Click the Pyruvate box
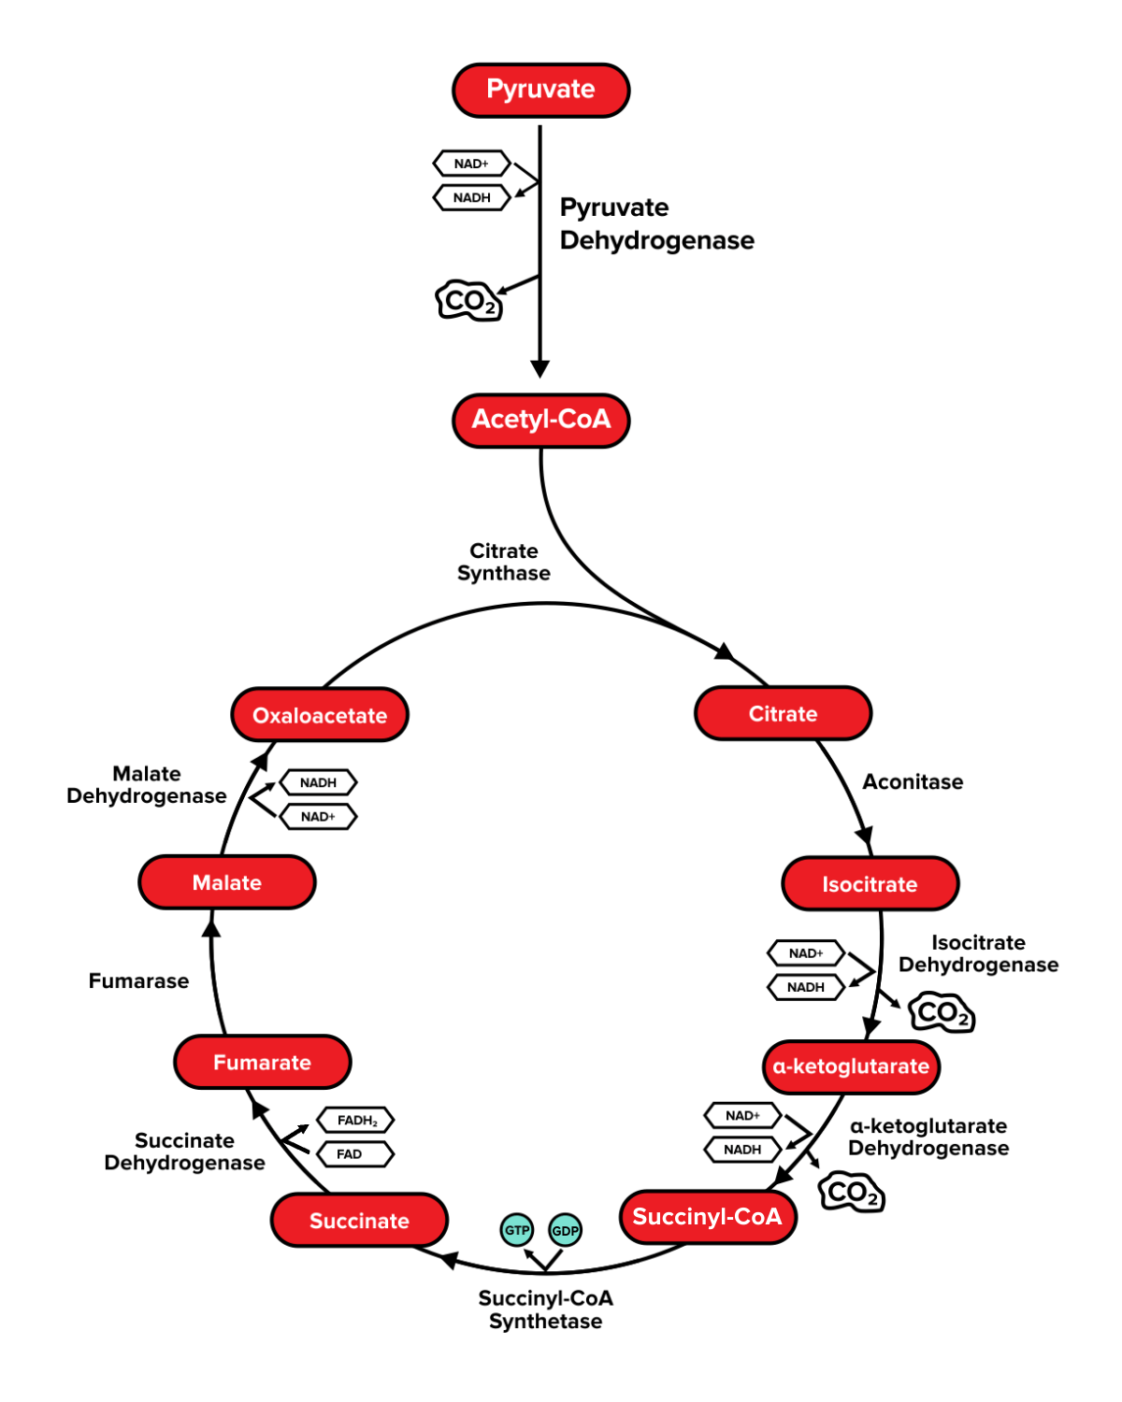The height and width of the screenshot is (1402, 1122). click(540, 90)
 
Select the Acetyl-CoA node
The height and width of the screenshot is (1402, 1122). click(540, 420)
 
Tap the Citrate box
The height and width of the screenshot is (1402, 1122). click(783, 714)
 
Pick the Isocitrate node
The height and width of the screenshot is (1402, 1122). click(870, 884)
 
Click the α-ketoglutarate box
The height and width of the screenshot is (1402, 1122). click(851, 1066)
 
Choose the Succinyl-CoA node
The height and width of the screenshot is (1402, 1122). click(707, 1217)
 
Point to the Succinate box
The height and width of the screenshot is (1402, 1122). click(359, 1221)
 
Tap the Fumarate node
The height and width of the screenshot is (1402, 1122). click(262, 1063)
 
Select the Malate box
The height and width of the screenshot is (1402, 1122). click(226, 883)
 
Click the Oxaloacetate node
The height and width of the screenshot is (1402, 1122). click(320, 716)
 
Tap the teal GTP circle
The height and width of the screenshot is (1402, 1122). click(517, 1230)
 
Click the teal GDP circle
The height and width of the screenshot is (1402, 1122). click(565, 1230)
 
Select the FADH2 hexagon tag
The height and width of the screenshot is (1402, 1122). click(356, 1120)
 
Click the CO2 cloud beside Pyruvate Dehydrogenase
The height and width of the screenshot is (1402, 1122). click(469, 301)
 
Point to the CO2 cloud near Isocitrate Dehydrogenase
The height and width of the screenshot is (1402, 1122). click(942, 1013)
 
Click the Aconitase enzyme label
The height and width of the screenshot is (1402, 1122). click(913, 782)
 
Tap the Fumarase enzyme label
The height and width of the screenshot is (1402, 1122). click(138, 981)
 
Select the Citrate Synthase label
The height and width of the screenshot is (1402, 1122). click(503, 563)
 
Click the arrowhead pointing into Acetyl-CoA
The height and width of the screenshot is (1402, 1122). click(539, 368)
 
